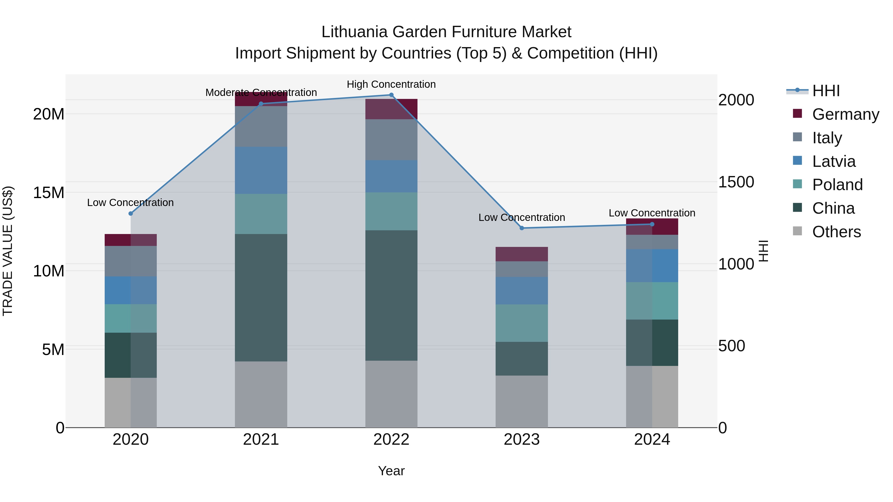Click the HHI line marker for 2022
click(391, 95)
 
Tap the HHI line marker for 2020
click(131, 213)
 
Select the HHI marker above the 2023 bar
click(522, 228)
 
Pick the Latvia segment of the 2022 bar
click(391, 176)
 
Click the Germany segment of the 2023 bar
click(522, 254)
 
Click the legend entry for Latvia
click(833, 161)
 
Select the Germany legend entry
click(845, 114)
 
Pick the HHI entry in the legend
click(826, 91)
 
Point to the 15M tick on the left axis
click(49, 193)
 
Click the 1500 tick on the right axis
click(736, 182)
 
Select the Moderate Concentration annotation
click(261, 92)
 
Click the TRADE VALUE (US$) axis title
click(8, 251)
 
